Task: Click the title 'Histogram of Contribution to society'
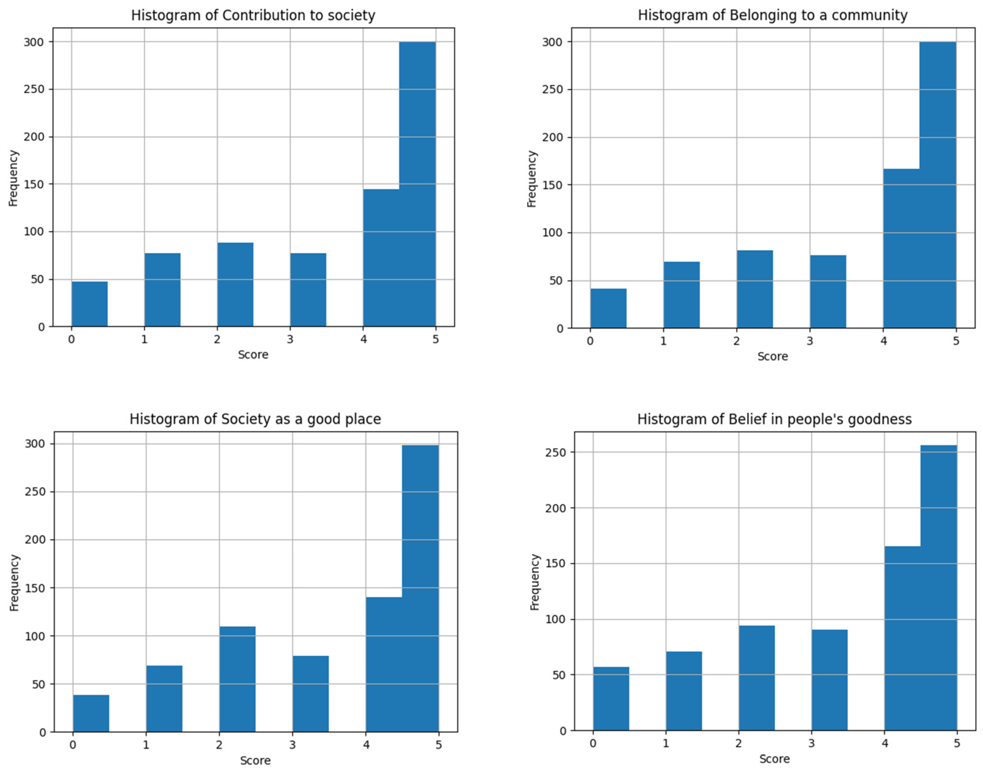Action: click(253, 15)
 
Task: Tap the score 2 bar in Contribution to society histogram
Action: click(235, 284)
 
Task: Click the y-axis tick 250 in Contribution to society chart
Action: click(34, 89)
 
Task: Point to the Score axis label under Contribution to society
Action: click(253, 355)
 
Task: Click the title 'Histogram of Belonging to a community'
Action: click(772, 15)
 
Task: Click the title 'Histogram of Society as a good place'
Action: click(255, 419)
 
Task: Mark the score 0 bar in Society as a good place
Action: click(91, 713)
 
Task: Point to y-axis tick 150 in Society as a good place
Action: click(35, 588)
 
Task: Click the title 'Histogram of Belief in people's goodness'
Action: click(774, 419)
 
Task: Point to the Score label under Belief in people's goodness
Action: click(774, 759)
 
